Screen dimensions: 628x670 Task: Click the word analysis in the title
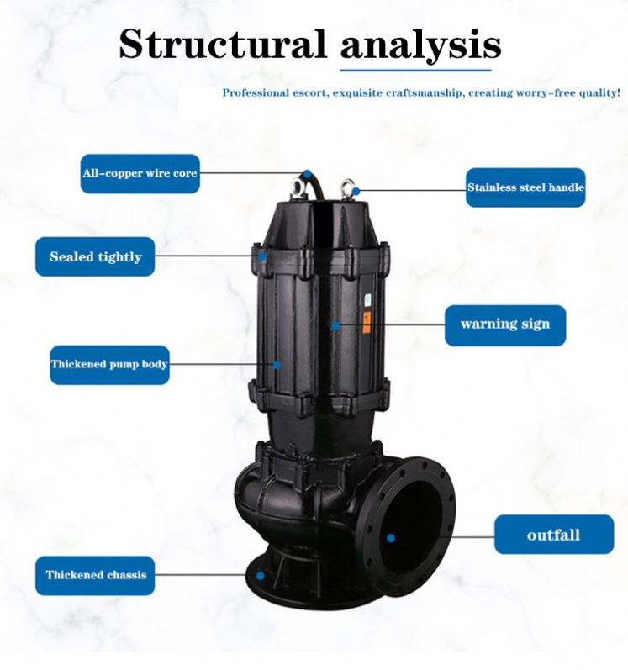coord(420,43)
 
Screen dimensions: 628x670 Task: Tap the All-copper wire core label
coord(140,174)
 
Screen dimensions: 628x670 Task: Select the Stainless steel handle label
coord(525,187)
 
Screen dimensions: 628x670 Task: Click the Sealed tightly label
coord(95,256)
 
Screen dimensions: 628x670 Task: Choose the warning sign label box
coord(504,324)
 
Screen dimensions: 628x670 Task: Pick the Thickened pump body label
coord(109,365)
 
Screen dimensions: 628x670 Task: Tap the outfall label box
coord(553,535)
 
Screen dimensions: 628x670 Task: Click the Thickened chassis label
coord(96,576)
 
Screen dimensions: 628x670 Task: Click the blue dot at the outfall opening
coord(391,536)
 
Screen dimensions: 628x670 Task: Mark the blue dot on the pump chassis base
coord(261,577)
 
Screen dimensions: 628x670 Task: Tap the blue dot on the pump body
coord(276,365)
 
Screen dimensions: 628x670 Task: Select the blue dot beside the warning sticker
coord(335,324)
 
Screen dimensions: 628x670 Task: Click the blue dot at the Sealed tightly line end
coord(261,256)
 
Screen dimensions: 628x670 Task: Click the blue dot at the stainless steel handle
coord(356,191)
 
